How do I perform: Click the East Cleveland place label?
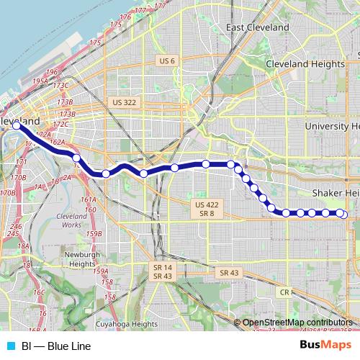click(x=257, y=27)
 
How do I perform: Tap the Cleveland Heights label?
click(x=307, y=64)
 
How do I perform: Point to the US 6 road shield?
click(x=167, y=61)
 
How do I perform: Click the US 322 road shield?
click(x=124, y=103)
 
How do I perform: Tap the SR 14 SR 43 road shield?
click(x=162, y=271)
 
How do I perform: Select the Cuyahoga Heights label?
click(x=126, y=324)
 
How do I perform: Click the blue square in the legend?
click(x=10, y=346)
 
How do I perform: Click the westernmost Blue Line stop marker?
click(x=17, y=125)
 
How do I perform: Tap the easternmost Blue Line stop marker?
click(x=343, y=214)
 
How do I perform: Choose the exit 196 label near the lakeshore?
click(x=51, y=72)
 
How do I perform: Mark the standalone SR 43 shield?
click(x=228, y=272)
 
